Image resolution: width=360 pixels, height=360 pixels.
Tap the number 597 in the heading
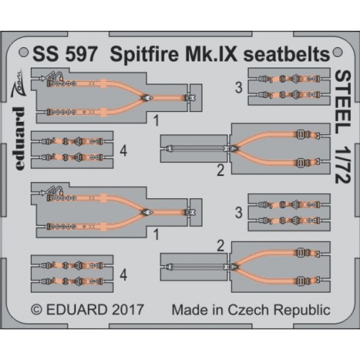[x=81, y=54]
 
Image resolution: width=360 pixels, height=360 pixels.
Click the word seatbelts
[x=287, y=54]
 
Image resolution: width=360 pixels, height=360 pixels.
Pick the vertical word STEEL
[x=343, y=102]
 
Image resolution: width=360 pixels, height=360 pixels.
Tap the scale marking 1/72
[x=343, y=164]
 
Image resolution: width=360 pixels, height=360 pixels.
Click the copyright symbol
[x=37, y=310]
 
